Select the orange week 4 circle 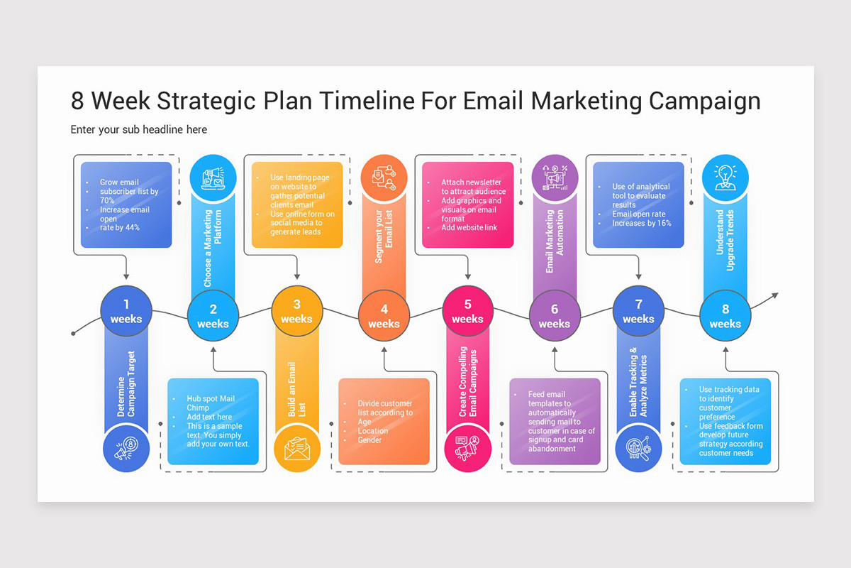click(384, 316)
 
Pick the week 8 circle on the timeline click(725, 316)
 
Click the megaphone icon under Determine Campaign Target click(126, 448)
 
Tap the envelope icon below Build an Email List click(297, 448)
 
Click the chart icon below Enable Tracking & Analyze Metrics click(638, 448)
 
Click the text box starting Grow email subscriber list click(126, 205)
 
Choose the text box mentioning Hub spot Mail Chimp click(213, 422)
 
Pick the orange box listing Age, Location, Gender click(384, 422)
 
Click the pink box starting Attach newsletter click(467, 205)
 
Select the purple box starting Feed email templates click(555, 422)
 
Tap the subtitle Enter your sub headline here click(139, 129)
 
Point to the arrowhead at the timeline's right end click(774, 295)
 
